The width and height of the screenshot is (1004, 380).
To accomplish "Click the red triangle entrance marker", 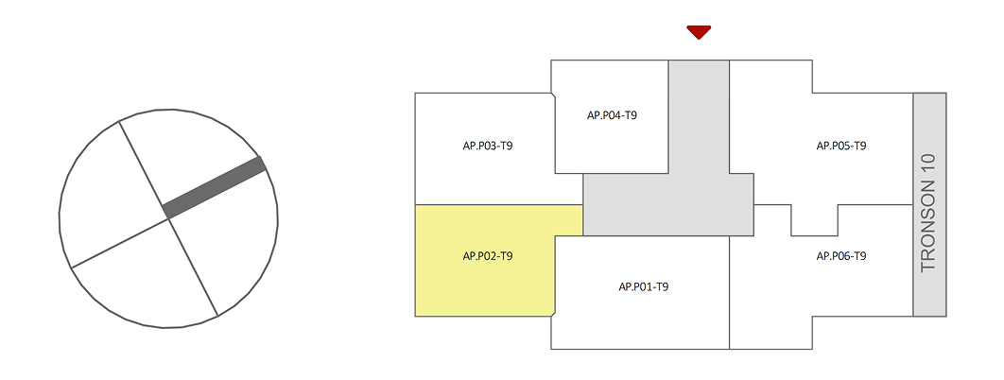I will (x=699, y=32).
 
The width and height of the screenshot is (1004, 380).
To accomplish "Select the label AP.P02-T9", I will (x=488, y=256).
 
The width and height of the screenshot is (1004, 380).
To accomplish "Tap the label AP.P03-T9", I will (x=488, y=147).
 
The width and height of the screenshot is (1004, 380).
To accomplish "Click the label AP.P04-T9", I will (x=612, y=115).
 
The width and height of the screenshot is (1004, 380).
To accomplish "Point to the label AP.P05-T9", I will (x=841, y=147).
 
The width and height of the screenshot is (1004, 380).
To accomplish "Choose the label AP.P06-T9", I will (x=841, y=256).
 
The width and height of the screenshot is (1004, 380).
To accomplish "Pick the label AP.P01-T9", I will (x=644, y=286).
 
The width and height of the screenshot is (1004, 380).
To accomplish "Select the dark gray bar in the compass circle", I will (x=214, y=186).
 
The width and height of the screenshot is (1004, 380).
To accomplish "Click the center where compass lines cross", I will (x=168, y=218).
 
